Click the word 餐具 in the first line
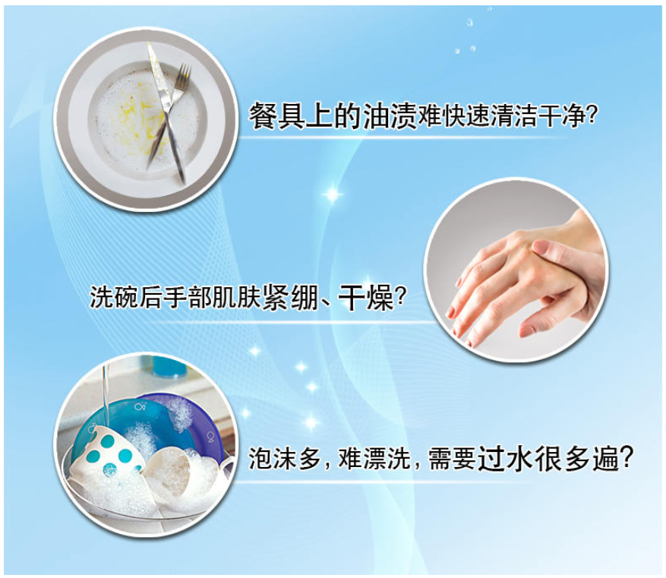click(276, 115)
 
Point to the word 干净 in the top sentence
click(561, 115)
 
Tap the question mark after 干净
click(592, 115)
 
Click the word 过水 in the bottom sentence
click(506, 458)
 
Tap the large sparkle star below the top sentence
click(333, 195)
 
